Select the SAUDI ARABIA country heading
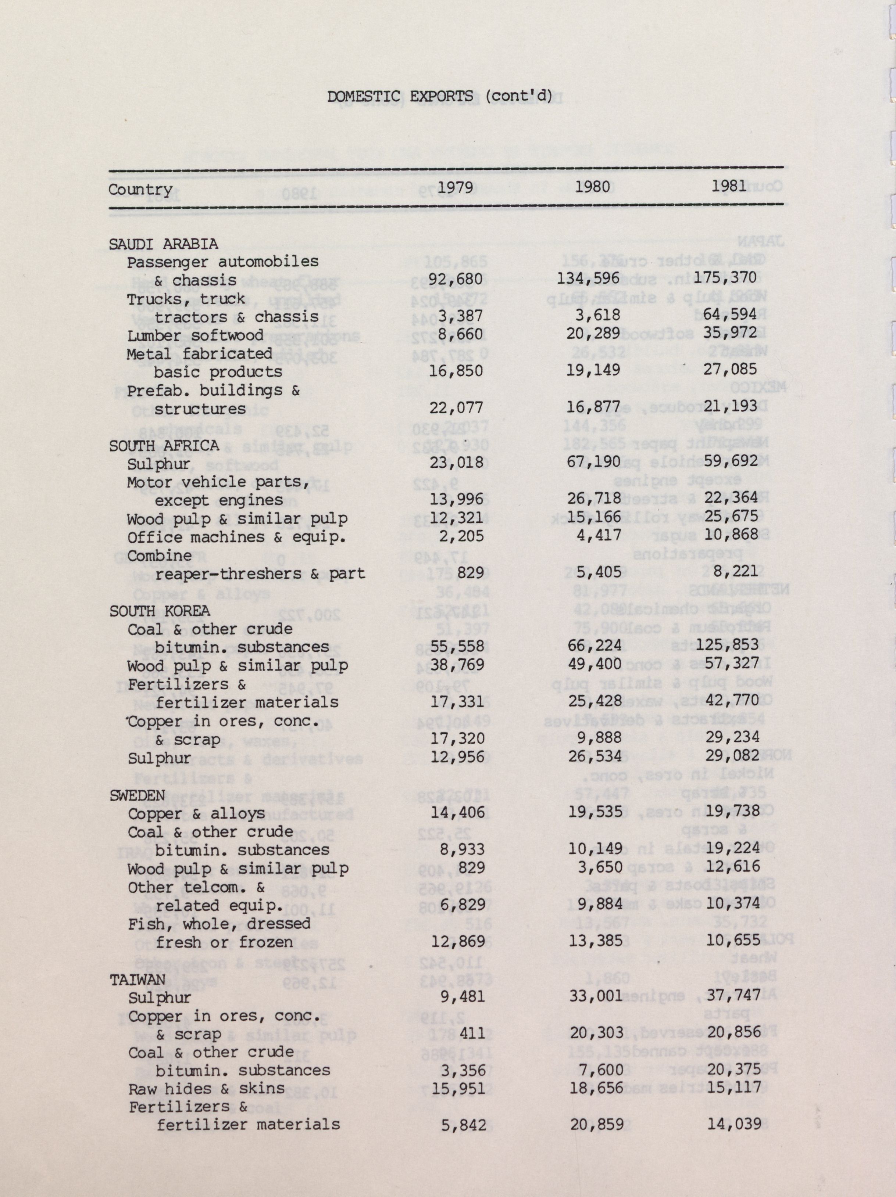164,244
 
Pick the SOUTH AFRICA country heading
164,445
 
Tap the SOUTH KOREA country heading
160,611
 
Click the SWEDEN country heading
137,795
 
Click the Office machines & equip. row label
236,538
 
